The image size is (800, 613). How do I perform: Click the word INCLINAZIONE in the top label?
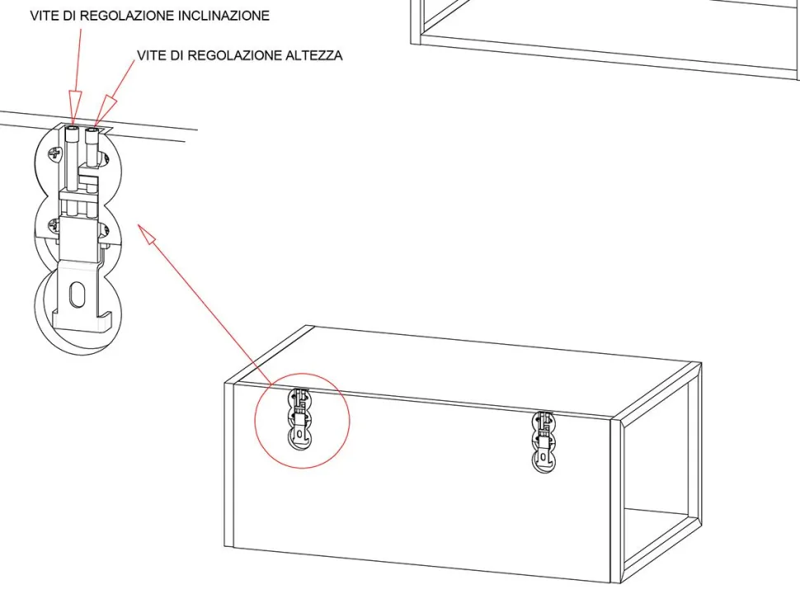tap(224, 16)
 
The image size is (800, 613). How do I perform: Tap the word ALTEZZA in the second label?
tap(313, 55)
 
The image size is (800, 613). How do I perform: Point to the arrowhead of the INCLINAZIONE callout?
tap(74, 107)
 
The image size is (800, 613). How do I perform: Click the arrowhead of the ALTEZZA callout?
tap(105, 111)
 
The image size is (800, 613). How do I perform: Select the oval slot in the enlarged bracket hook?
tap(77, 295)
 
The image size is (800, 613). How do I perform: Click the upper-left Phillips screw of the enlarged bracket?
tap(55, 153)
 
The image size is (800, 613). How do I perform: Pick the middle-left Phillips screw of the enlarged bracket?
tap(54, 224)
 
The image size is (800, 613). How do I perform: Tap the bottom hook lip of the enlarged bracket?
tap(82, 322)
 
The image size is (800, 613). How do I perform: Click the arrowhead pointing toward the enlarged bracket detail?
tap(147, 233)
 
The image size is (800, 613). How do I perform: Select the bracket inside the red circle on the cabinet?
tap(300, 418)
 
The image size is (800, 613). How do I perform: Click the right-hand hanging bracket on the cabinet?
tap(544, 442)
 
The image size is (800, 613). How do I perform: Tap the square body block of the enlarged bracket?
tap(78, 238)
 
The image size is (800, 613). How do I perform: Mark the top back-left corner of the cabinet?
tap(307, 325)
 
